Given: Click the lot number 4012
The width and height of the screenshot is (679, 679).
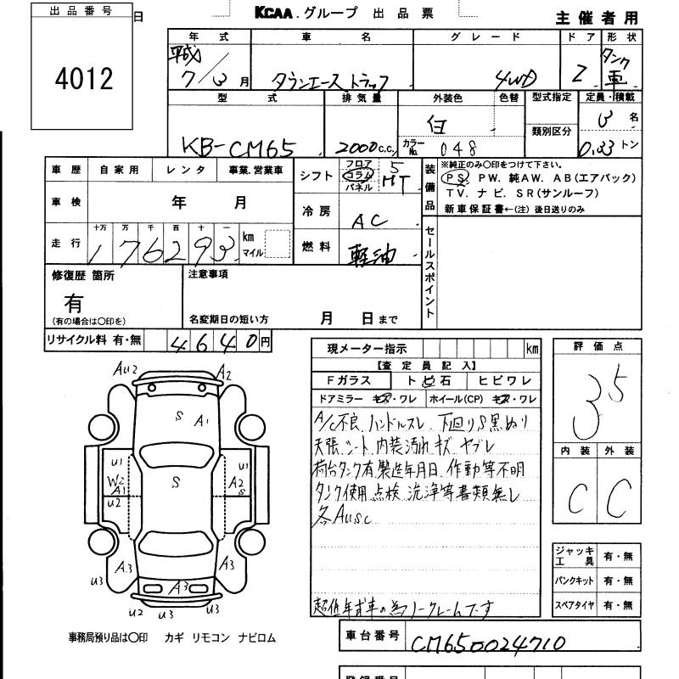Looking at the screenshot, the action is (x=83, y=79).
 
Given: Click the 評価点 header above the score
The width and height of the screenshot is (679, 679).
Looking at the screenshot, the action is (x=597, y=346).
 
